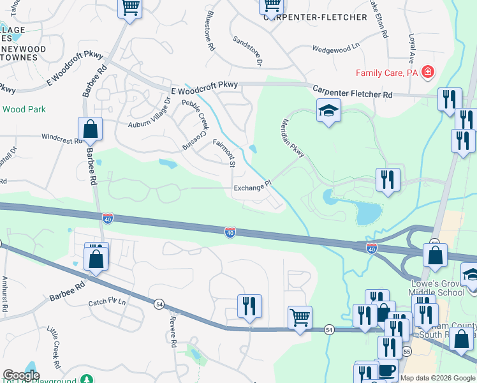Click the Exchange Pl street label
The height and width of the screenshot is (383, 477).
pyautogui.click(x=253, y=188)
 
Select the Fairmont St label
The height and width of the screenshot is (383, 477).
pyautogui.click(x=224, y=154)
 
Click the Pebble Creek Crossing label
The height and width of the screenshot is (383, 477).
pyautogui.click(x=195, y=124)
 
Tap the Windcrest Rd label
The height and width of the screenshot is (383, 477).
pyautogui.click(x=62, y=137)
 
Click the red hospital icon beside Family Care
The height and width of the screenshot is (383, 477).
pyautogui.click(x=427, y=73)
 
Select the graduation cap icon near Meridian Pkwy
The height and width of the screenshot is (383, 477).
pyautogui.click(x=329, y=111)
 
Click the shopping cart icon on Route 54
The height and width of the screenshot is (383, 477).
pyautogui.click(x=299, y=317)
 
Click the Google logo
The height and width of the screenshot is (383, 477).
pyautogui.click(x=21, y=375)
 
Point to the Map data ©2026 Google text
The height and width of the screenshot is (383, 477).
pyautogui.click(x=437, y=378)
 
